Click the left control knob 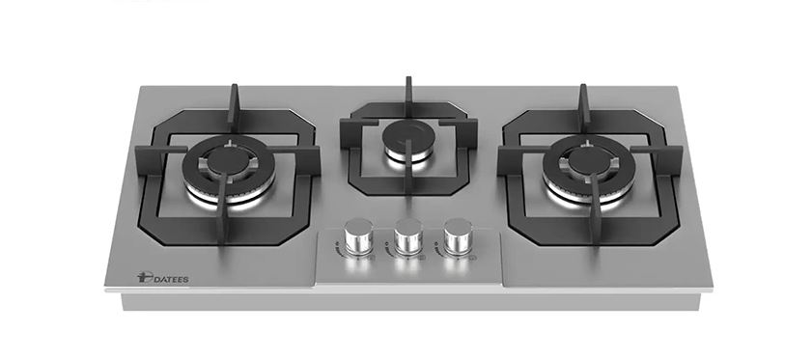358,235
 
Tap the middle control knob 408,235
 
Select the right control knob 458,235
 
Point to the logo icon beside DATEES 144,278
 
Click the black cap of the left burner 227,161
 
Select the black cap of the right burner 588,161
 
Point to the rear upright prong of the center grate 408,96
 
